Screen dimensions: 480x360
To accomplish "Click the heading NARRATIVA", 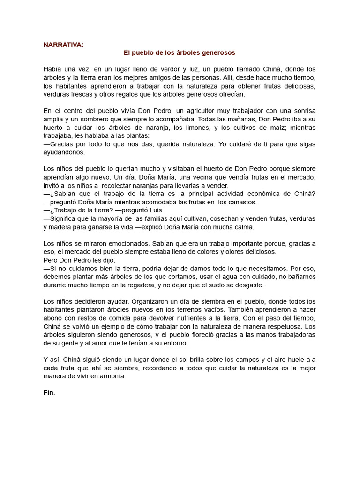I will (64, 45).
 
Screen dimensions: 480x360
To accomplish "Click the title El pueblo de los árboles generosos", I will (179, 53).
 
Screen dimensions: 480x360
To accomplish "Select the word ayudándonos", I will (64, 152).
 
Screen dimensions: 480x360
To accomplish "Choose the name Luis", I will (155, 210).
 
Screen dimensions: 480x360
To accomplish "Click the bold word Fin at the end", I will (48, 393).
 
